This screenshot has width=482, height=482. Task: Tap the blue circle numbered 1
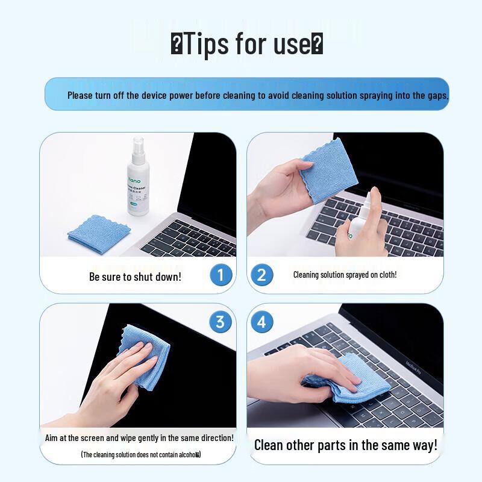221,275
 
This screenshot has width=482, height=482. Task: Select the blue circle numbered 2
261,275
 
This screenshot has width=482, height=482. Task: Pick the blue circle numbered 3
221,322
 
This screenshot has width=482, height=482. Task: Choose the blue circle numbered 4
261,322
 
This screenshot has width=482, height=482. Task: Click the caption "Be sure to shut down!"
135,277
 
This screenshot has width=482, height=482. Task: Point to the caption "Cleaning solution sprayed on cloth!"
345,275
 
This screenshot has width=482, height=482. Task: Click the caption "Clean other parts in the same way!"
346,445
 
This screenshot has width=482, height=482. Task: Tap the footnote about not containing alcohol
141,454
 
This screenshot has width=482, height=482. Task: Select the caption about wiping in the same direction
139,438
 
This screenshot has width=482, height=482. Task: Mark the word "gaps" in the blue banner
436,95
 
